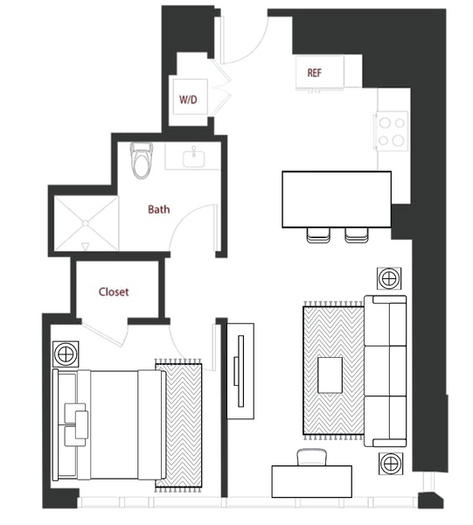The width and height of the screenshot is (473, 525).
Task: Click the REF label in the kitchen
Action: [x=315, y=73]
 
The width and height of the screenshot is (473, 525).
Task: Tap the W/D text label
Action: [x=188, y=100]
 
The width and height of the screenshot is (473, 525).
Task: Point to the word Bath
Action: [x=158, y=210]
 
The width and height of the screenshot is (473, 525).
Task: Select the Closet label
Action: [x=114, y=292]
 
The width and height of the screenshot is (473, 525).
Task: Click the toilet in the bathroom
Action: [x=142, y=160]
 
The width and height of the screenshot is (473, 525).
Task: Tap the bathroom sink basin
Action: [x=194, y=158]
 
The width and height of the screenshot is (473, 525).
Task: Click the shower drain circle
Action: [x=86, y=223]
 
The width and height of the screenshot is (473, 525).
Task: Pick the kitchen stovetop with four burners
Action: [x=392, y=131]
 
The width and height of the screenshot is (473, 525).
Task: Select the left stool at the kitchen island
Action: [x=318, y=234]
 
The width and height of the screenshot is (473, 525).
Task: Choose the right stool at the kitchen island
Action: [x=357, y=234]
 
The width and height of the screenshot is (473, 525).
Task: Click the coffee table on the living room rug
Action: [x=330, y=375]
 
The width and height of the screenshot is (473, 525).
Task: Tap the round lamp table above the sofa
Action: [x=389, y=278]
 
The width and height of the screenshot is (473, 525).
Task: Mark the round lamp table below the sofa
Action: [x=391, y=464]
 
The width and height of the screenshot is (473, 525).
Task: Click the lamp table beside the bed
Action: [x=66, y=353]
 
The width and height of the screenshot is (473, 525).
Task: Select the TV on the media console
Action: [x=240, y=371]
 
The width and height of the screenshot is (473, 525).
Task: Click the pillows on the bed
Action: [x=76, y=424]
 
